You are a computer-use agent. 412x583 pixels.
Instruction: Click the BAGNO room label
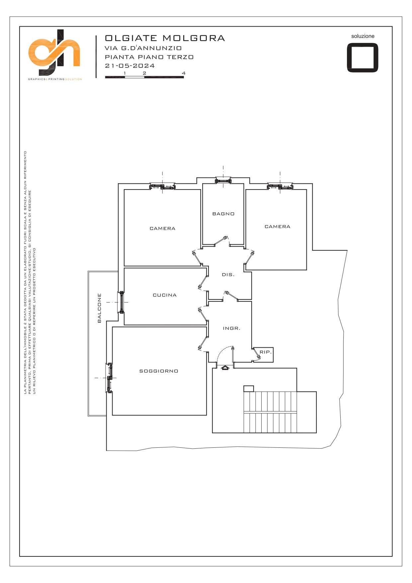coord(223,214)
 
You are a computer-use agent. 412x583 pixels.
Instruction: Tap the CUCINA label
coord(165,295)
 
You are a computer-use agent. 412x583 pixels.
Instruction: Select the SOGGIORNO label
coord(159,371)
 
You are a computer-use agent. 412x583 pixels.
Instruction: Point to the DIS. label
coord(228,275)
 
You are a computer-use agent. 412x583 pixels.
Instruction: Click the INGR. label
coord(231,328)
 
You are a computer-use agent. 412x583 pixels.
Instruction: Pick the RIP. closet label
coord(266,352)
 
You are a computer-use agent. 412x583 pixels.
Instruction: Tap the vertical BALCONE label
coord(99,308)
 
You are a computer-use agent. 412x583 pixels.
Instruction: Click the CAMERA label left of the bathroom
coord(162,228)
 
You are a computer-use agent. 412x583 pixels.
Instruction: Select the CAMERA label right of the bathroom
coord(278,226)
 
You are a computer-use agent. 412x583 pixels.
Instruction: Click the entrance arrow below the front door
coord(225,368)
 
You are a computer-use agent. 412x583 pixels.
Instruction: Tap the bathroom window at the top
coord(223,180)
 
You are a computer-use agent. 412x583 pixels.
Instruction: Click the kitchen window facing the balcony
coord(122,302)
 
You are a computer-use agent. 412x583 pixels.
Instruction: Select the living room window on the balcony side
coord(109,378)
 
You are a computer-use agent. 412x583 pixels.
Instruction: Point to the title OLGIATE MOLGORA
coord(165,38)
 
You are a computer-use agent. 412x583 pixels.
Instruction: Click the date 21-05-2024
coord(130,65)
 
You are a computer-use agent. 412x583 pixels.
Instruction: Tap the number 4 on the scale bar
coord(184,73)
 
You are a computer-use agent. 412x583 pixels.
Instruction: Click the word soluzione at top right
coord(363,36)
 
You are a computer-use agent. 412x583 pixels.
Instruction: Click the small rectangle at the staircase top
coord(249,389)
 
